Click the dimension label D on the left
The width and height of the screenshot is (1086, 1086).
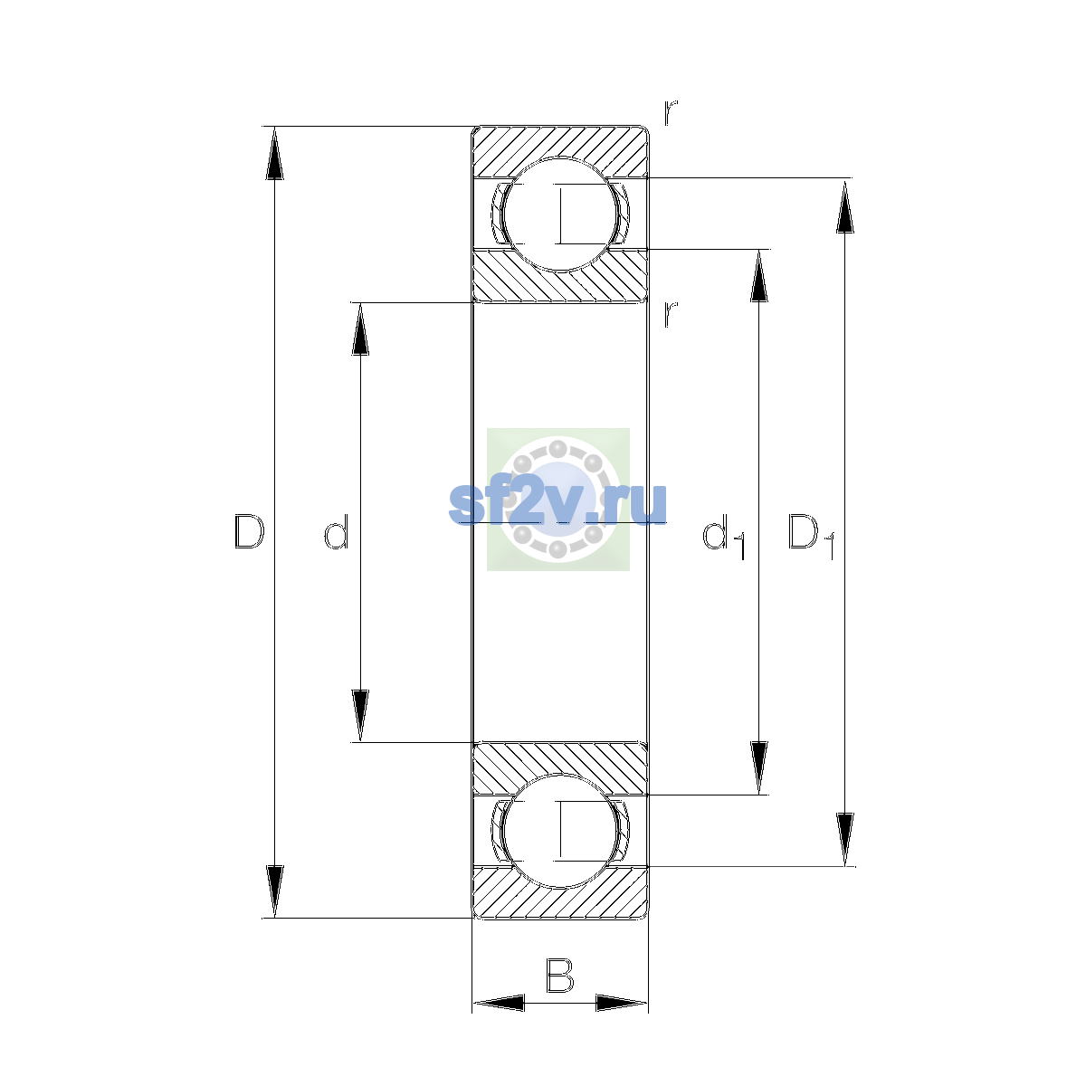(x=249, y=530)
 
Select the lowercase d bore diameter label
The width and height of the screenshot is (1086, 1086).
(x=337, y=531)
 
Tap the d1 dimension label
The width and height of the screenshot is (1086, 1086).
(x=724, y=538)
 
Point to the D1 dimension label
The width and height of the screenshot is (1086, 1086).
(x=811, y=537)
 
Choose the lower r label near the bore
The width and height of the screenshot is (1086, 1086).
(x=671, y=314)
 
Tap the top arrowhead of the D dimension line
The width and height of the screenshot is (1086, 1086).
(x=274, y=153)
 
